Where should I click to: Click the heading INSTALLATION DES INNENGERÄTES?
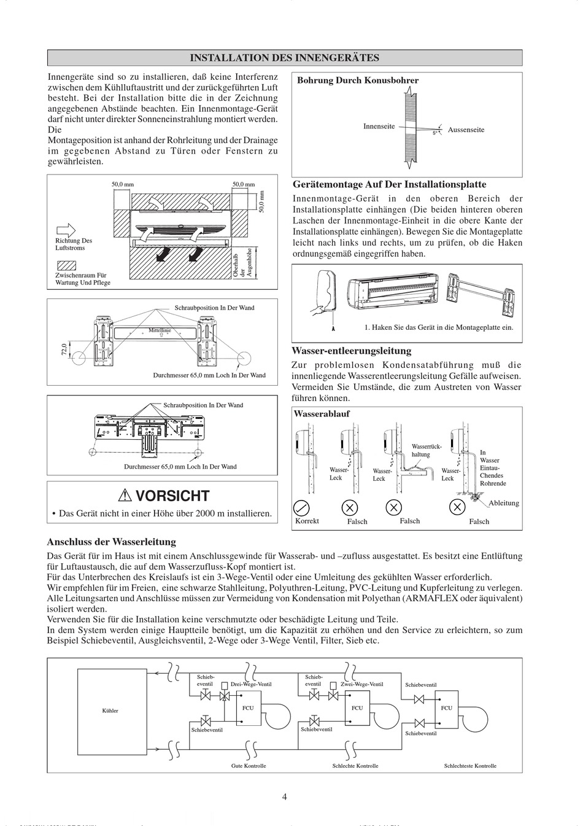point(284,58)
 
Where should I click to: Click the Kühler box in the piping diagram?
point(110,711)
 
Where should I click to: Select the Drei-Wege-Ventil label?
point(251,684)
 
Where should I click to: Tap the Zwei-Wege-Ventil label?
point(362,684)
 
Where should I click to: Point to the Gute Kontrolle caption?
point(249,766)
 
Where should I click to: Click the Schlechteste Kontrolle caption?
point(470,766)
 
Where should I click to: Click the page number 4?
point(284,797)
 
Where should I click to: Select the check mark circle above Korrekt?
point(302,507)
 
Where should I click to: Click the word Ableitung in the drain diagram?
point(503,503)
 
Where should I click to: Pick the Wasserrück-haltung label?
point(425,450)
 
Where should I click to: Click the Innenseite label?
point(379,127)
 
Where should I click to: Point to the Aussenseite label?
point(466,130)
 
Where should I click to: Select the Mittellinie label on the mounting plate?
point(160,330)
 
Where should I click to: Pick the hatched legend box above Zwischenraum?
point(66,266)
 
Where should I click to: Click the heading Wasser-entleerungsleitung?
point(352,351)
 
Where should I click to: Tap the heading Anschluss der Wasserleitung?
point(112,542)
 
